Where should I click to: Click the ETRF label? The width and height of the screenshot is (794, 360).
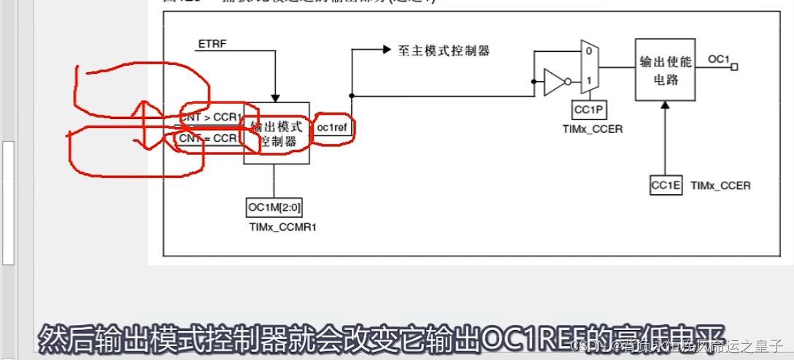(212, 45)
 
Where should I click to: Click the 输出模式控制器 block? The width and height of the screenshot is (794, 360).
(277, 134)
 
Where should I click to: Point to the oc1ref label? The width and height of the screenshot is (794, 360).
(332, 126)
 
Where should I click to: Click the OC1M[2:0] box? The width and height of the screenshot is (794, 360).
(274, 207)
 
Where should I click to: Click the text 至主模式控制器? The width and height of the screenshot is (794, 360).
(444, 50)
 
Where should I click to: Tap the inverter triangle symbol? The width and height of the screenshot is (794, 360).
(553, 83)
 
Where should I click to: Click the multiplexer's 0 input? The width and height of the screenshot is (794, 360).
(587, 52)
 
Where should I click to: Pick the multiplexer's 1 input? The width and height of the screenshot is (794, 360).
(587, 80)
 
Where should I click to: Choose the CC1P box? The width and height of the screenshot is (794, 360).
(587, 110)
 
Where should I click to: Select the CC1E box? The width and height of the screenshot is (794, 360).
(666, 185)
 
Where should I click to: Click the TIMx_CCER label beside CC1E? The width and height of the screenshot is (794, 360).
(720, 185)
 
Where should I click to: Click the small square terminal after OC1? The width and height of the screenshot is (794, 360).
(734, 66)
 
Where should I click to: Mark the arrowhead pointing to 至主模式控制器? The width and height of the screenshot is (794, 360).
(386, 50)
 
